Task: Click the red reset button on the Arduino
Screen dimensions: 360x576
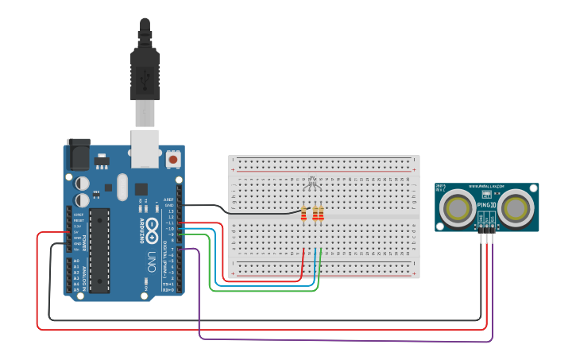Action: tap(173, 160)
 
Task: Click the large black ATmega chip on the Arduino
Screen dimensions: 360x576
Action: tap(99, 250)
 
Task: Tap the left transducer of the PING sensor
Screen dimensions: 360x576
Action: tap(458, 208)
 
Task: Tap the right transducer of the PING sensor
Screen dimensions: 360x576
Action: tap(516, 208)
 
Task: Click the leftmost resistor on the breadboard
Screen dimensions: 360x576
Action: tap(303, 213)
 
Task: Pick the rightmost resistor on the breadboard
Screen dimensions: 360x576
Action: tap(321, 213)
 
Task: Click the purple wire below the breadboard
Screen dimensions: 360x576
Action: tap(342, 340)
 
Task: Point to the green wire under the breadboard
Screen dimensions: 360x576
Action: tap(262, 290)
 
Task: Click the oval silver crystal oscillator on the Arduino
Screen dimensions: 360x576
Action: tap(122, 188)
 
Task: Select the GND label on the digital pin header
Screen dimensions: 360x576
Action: tap(169, 205)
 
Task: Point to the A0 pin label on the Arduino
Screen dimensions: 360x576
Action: tap(76, 261)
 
